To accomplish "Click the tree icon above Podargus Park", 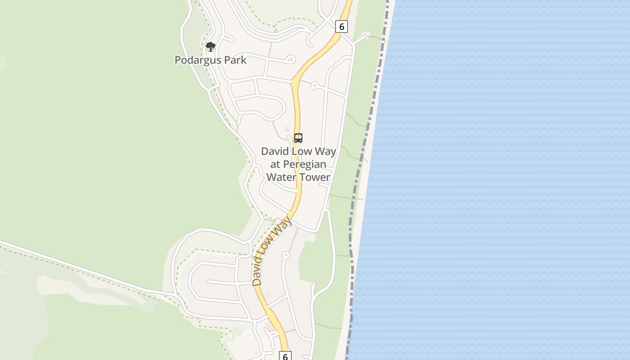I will tap(210, 46).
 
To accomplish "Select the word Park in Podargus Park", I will tap(237, 60).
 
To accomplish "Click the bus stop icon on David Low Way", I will tap(298, 138).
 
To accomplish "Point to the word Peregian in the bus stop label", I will tap(305, 164).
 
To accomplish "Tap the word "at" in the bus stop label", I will tap(275, 164).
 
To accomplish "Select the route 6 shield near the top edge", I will tap(342, 27).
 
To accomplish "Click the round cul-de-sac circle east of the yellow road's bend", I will tap(315, 85).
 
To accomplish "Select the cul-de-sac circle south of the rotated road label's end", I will tap(286, 255).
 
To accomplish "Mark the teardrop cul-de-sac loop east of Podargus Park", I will tap(291, 58).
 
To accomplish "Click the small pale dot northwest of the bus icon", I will tap(287, 129).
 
